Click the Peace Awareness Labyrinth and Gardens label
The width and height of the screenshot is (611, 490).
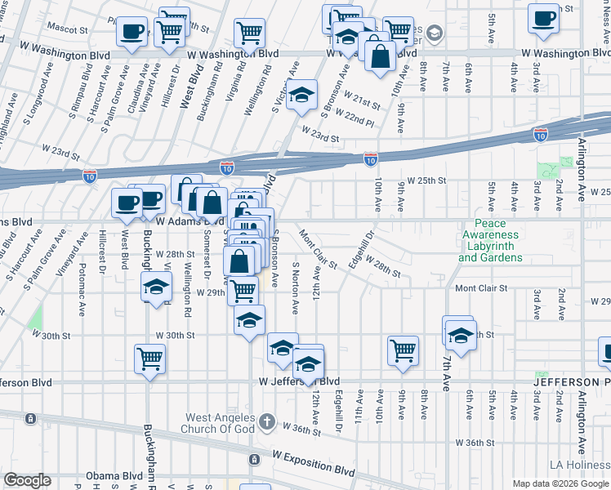click(490, 241)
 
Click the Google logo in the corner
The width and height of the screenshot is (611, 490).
click(27, 480)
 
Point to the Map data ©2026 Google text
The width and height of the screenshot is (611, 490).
click(560, 483)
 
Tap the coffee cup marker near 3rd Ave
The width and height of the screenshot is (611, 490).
click(543, 18)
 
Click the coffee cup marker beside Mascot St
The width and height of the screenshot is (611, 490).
click(132, 33)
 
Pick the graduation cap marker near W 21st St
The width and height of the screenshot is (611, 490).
click(301, 94)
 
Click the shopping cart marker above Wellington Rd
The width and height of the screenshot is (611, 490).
click(250, 33)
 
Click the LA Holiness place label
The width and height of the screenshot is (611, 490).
click(581, 465)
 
